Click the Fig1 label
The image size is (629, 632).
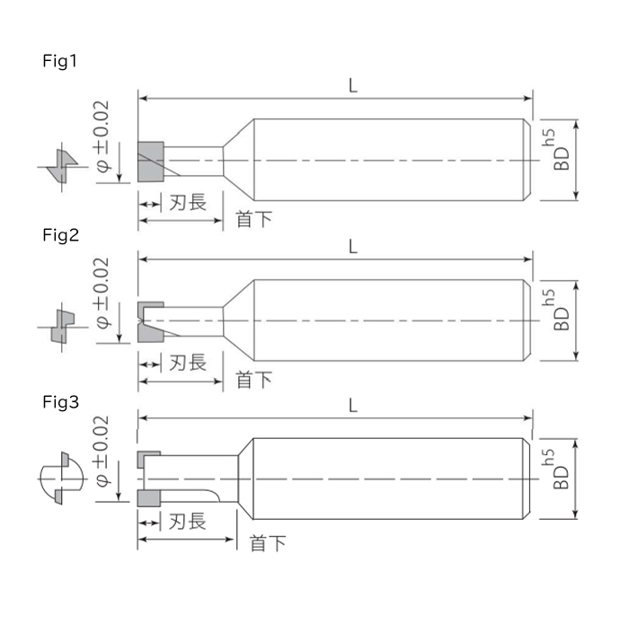[x=59, y=62]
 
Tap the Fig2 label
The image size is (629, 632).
[x=60, y=235]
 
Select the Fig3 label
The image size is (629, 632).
[x=60, y=402]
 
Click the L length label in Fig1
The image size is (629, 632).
[x=353, y=85]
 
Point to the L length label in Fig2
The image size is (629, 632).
[x=353, y=246]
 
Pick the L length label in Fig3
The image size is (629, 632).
[x=353, y=406]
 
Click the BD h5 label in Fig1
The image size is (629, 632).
[x=557, y=150]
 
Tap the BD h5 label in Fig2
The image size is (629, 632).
[x=557, y=310]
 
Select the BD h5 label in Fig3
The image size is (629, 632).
[x=557, y=469]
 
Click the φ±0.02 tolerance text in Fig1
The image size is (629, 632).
[x=102, y=136]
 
